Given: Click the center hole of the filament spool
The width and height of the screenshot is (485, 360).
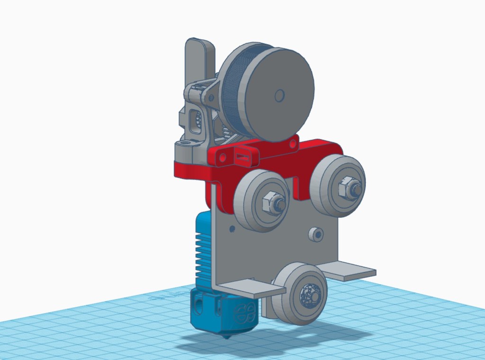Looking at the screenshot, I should tap(279, 96).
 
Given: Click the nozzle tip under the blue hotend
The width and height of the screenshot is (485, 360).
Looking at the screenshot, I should tap(228, 336).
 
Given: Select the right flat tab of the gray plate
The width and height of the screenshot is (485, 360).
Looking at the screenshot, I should tap(350, 271).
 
